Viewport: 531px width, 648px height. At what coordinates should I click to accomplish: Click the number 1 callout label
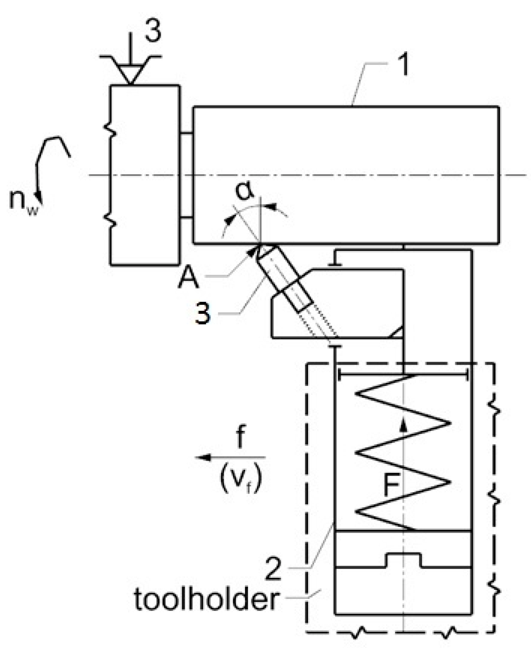click(401, 64)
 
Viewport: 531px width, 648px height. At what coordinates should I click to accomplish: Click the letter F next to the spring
click(392, 485)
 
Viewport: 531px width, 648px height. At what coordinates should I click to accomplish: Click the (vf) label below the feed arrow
click(240, 480)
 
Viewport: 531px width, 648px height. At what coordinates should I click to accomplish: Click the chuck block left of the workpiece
click(144, 175)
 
